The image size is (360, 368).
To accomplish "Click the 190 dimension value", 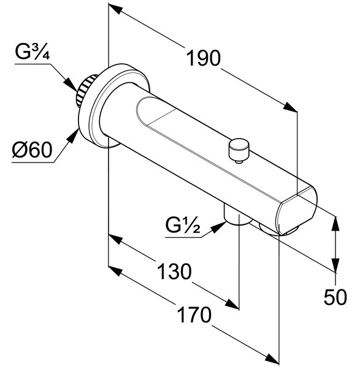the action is point(203,58).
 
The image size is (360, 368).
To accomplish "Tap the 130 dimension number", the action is point(174,271).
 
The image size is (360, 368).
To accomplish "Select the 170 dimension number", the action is point(194,315).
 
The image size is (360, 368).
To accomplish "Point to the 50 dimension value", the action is point(335,297).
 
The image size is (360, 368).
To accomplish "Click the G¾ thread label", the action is point(33,52).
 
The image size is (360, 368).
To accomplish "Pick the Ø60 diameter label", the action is point(32,150).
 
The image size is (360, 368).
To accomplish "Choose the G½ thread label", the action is point(183,225).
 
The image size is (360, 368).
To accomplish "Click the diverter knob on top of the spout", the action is point(239,150).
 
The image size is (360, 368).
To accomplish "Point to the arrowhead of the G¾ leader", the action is point(71,85).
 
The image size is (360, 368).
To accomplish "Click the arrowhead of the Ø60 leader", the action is point(73,136).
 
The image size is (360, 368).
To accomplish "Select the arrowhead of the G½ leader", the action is point(219,226).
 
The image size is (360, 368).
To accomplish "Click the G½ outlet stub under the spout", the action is point(237,215).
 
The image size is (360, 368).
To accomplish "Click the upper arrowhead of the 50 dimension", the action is point(336,224).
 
